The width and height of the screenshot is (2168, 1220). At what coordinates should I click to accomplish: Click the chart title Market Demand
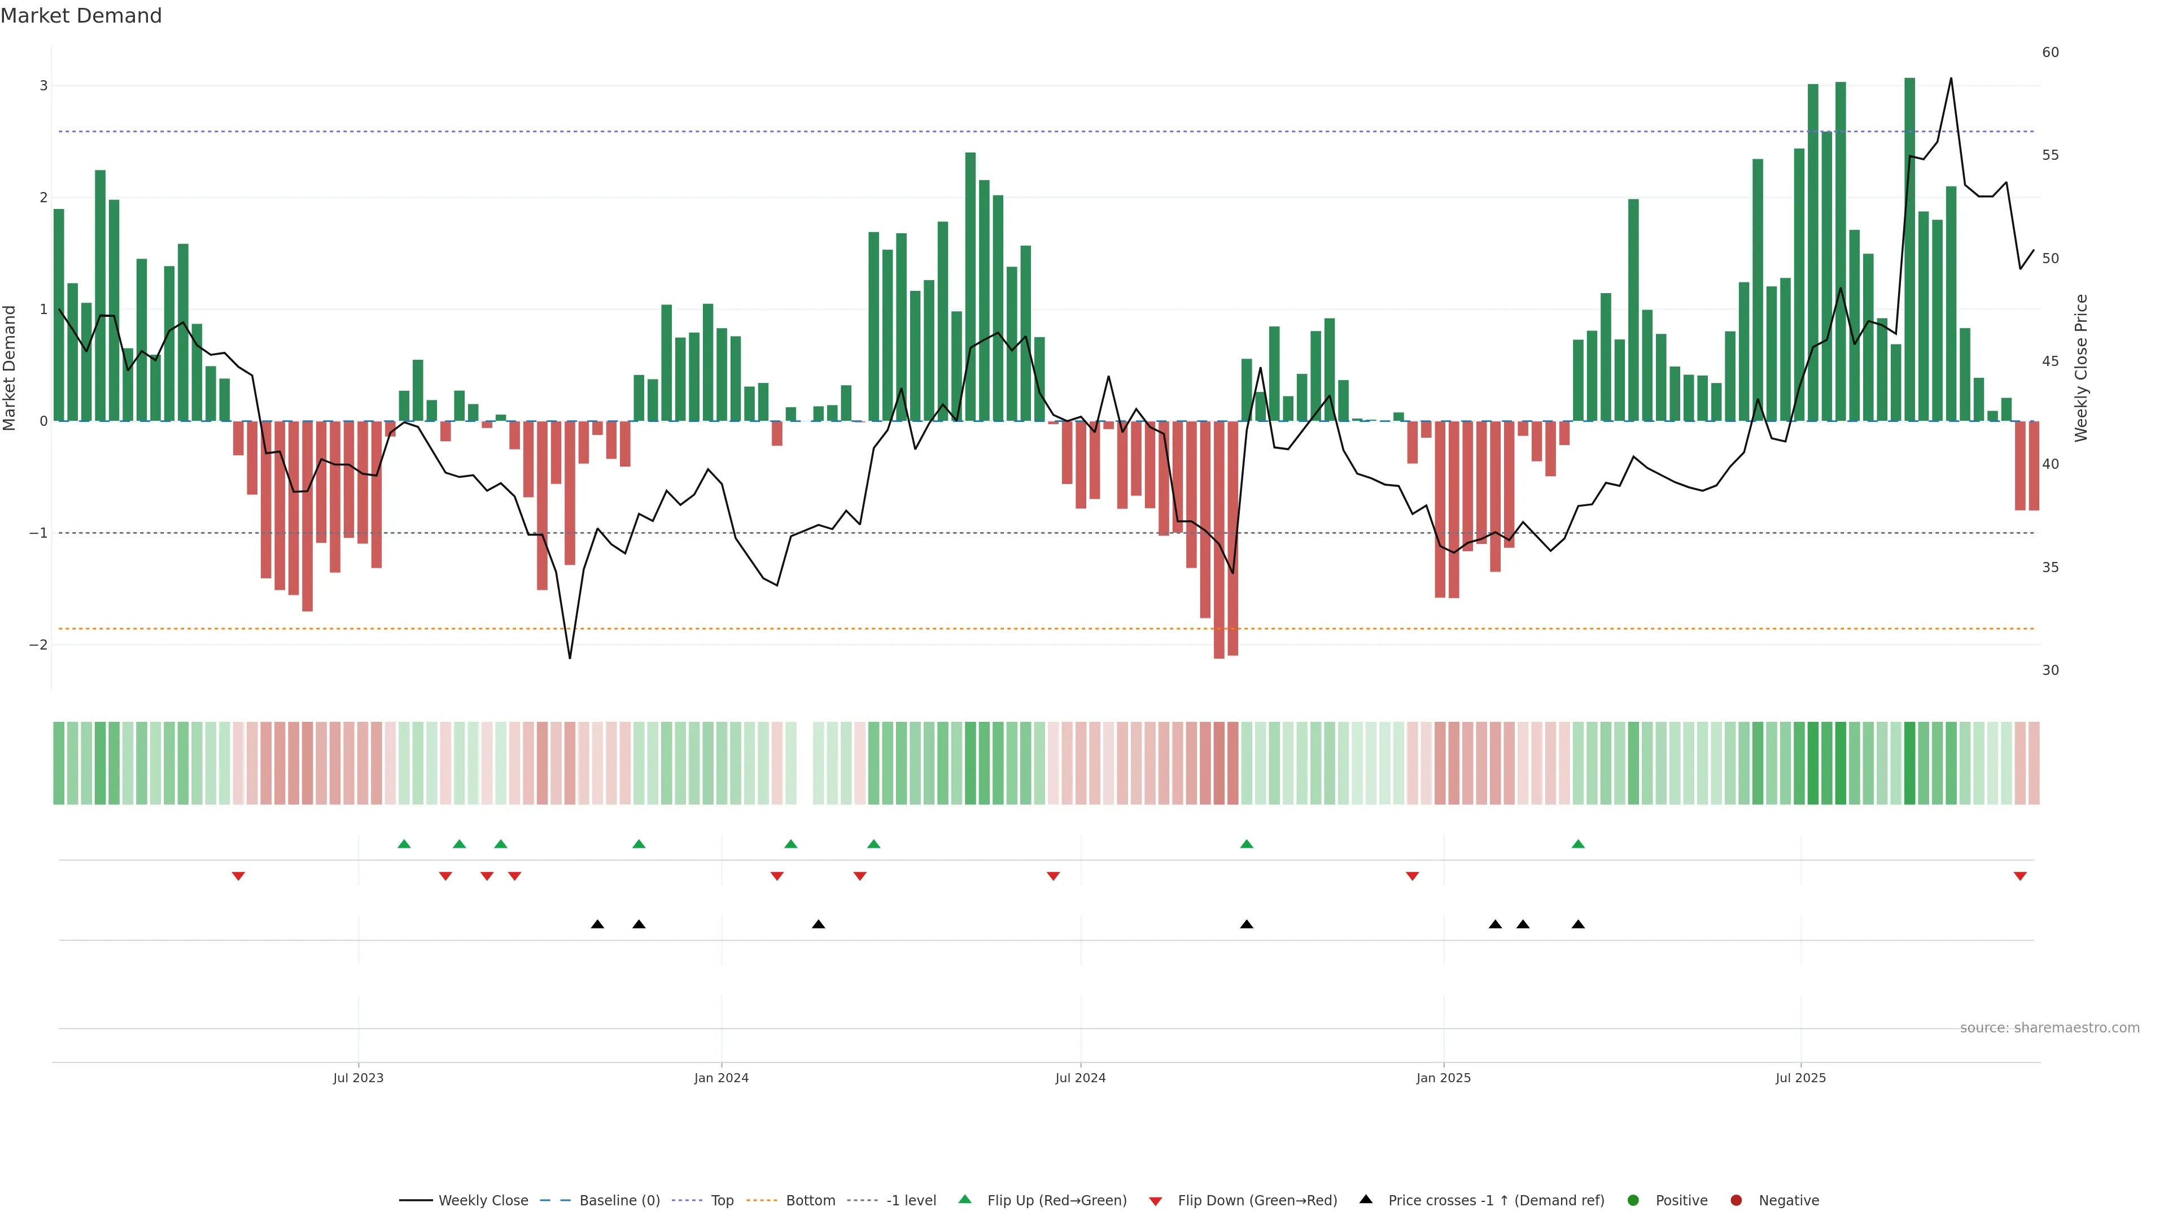coord(81,16)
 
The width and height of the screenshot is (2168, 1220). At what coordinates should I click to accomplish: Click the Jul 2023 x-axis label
coord(358,1078)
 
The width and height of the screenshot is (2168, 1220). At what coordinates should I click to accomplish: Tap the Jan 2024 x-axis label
coord(722,1078)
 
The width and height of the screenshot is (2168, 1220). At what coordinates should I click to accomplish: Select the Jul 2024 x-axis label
coord(1081,1078)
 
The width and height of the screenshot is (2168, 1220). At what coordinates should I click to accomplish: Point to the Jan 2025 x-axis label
coord(1444,1078)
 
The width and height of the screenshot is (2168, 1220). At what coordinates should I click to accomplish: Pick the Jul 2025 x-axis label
coord(1801,1078)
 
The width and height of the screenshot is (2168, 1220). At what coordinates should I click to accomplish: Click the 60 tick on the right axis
coord(2050,52)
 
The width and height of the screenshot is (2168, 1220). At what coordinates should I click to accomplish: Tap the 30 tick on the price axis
coord(2050,670)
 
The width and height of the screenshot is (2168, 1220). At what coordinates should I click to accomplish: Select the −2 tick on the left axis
coord(39,645)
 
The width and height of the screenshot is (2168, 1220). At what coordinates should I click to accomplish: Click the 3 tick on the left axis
coord(44,86)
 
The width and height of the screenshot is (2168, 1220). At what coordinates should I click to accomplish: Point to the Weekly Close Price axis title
coord(2081,368)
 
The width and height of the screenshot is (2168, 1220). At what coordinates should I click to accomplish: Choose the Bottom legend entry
coord(810,1201)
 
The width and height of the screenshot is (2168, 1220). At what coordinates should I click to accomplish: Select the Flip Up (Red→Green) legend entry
coord(1056,1201)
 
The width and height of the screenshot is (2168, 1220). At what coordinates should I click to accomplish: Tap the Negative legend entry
coord(1789,1201)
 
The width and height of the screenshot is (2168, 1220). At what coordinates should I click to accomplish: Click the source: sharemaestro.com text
coord(2049,1028)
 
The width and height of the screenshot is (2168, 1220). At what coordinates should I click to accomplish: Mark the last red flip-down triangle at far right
coord(2020,877)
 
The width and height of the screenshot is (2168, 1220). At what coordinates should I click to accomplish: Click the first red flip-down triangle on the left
coord(238,877)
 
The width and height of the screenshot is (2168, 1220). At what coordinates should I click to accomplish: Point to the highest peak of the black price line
coord(1951,79)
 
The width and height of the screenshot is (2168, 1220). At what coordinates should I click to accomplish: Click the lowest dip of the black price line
coord(570,657)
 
